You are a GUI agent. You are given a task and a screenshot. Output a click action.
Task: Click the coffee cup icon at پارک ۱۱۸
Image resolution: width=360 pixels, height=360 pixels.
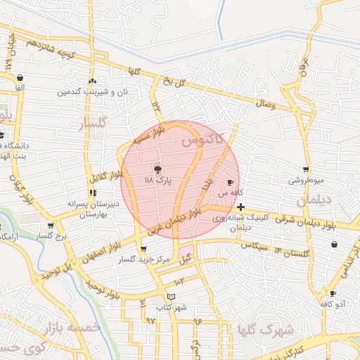click(x=157, y=169)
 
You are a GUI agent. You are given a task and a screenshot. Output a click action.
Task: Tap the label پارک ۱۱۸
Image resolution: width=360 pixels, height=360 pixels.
click(x=158, y=181)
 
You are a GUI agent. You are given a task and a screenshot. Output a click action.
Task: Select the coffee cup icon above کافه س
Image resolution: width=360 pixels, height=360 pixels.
click(x=230, y=182)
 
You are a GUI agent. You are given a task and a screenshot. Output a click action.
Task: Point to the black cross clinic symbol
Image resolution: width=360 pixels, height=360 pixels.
click(x=241, y=207)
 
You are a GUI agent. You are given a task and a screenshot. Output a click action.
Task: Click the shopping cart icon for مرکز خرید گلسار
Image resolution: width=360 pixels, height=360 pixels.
click(x=143, y=249)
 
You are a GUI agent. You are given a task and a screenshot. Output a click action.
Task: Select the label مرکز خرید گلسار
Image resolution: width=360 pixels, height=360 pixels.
click(x=144, y=260)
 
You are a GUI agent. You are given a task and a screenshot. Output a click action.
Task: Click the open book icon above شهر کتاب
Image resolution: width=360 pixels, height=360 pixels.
click(x=172, y=297)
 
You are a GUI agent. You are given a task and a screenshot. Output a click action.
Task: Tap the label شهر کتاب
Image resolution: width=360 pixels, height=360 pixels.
click(x=172, y=307)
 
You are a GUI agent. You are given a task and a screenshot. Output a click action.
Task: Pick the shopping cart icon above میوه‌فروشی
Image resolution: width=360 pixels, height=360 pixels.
click(x=306, y=169)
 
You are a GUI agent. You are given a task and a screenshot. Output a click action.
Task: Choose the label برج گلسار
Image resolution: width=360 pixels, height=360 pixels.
click(x=51, y=237)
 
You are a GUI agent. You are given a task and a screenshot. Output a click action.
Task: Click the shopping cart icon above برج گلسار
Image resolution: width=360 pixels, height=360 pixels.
click(x=50, y=226)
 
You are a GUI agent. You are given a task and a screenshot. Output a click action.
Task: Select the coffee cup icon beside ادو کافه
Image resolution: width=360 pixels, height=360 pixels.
click(x=333, y=293)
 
